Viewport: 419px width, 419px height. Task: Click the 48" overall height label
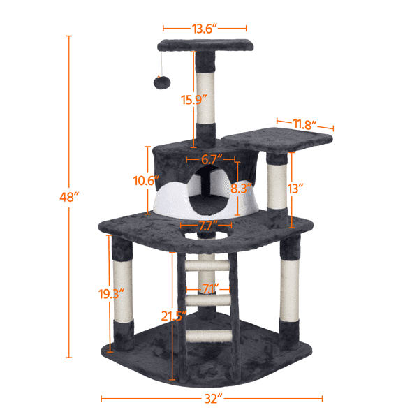68,197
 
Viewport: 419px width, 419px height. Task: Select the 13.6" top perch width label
205,28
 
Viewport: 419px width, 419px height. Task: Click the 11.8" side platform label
304,124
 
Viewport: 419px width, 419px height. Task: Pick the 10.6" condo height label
143,180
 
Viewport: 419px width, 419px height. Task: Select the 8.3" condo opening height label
242,189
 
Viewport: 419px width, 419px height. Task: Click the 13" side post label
295,189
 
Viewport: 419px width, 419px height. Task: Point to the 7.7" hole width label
205,226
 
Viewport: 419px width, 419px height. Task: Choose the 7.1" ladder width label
210,288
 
